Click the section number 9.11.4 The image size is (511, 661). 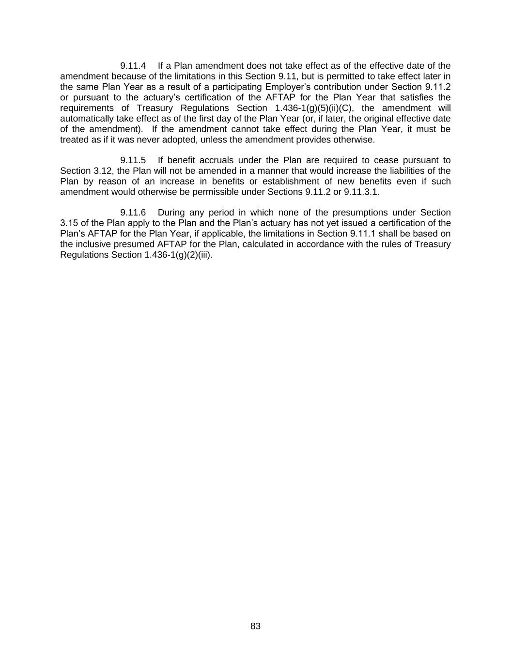click(x=133, y=66)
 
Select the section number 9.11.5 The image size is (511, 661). click(x=133, y=160)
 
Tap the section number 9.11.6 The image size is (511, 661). click(x=133, y=213)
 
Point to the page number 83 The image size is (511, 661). click(x=255, y=626)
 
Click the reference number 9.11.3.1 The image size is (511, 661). click(x=361, y=192)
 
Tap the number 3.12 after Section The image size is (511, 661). click(x=102, y=171)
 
